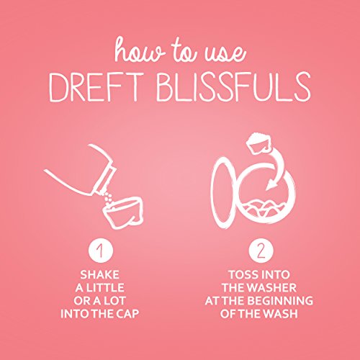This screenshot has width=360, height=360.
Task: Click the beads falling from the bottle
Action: (109, 192)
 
